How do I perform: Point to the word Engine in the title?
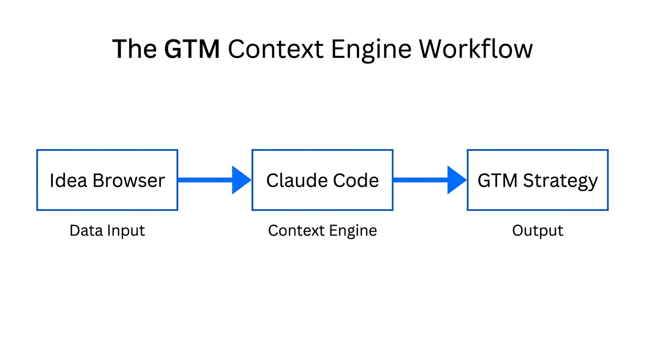pyautogui.click(x=373, y=50)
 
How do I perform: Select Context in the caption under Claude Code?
pyautogui.click(x=296, y=231)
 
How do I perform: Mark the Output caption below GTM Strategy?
pyautogui.click(x=538, y=231)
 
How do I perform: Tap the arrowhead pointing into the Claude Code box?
pyautogui.click(x=241, y=180)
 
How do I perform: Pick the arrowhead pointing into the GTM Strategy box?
pyautogui.click(x=457, y=180)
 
